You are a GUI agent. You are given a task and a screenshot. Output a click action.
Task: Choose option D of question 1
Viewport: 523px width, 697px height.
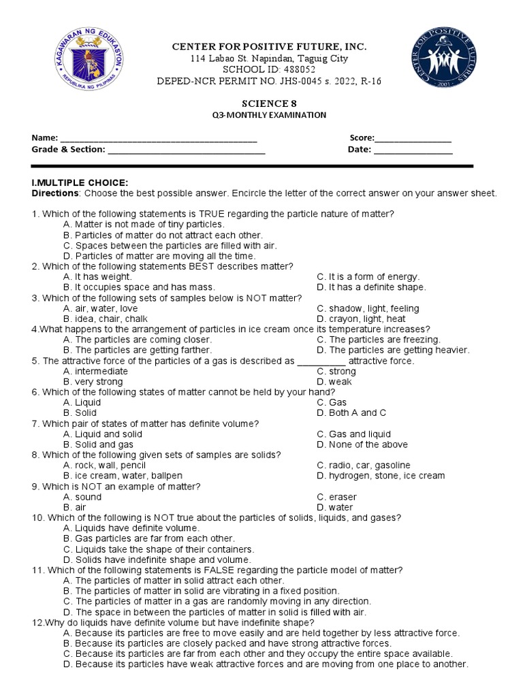tap(159, 256)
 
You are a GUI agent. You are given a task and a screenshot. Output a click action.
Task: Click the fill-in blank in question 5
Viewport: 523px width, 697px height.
tap(321, 361)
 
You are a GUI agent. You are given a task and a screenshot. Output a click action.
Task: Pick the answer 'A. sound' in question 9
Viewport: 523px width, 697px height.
tap(82, 497)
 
